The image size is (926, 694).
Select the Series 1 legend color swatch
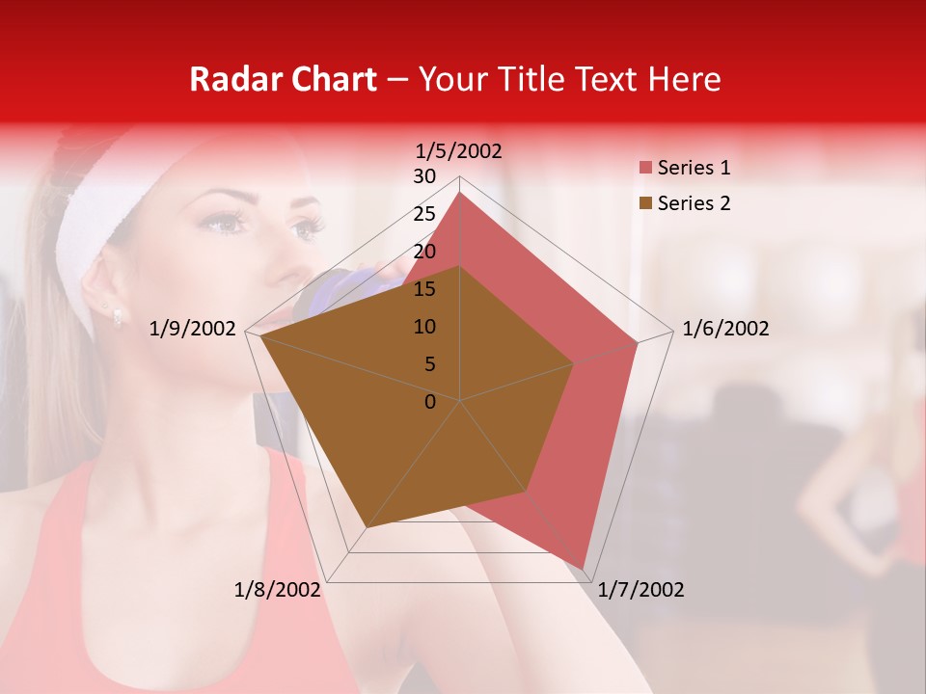click(644, 169)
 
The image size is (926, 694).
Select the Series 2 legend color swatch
click(644, 203)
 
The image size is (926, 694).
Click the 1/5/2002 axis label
click(458, 150)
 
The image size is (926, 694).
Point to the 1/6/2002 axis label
click(725, 329)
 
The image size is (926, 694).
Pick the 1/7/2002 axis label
click(641, 590)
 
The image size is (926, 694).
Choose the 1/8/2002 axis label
click(278, 590)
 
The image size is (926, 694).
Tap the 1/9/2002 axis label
click(193, 329)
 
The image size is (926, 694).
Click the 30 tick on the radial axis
click(424, 176)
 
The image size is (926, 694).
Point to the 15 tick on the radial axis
click(424, 289)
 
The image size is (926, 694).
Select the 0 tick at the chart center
click(430, 402)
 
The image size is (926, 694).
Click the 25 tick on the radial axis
click(424, 214)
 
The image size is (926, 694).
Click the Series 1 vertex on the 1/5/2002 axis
click(460, 192)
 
